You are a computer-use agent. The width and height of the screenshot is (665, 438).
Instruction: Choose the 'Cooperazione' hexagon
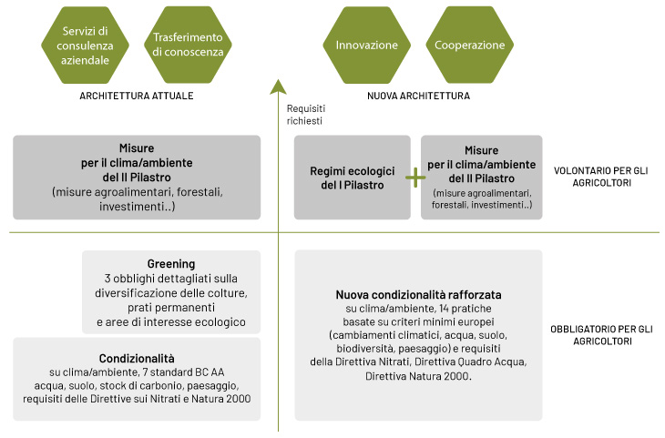(x=470, y=46)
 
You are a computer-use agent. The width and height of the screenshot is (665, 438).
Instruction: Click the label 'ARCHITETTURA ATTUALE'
(x=138, y=95)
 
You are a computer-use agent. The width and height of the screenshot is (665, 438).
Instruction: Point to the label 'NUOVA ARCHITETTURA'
(x=418, y=95)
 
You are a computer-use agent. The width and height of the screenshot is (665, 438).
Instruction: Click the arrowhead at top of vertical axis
(x=279, y=87)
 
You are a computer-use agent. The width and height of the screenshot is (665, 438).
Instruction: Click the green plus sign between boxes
(x=415, y=177)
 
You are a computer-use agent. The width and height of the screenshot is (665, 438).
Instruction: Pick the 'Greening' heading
(x=171, y=264)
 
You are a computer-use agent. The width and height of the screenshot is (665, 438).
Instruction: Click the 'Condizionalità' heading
(x=136, y=358)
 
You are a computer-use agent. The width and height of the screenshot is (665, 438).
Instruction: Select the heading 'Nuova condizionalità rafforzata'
(x=419, y=296)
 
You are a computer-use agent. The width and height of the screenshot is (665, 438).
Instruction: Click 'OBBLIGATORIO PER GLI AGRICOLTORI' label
(x=604, y=334)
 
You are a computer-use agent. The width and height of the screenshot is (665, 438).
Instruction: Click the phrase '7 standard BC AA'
(x=180, y=372)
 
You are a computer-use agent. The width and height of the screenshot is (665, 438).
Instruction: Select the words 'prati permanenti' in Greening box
(x=171, y=308)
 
